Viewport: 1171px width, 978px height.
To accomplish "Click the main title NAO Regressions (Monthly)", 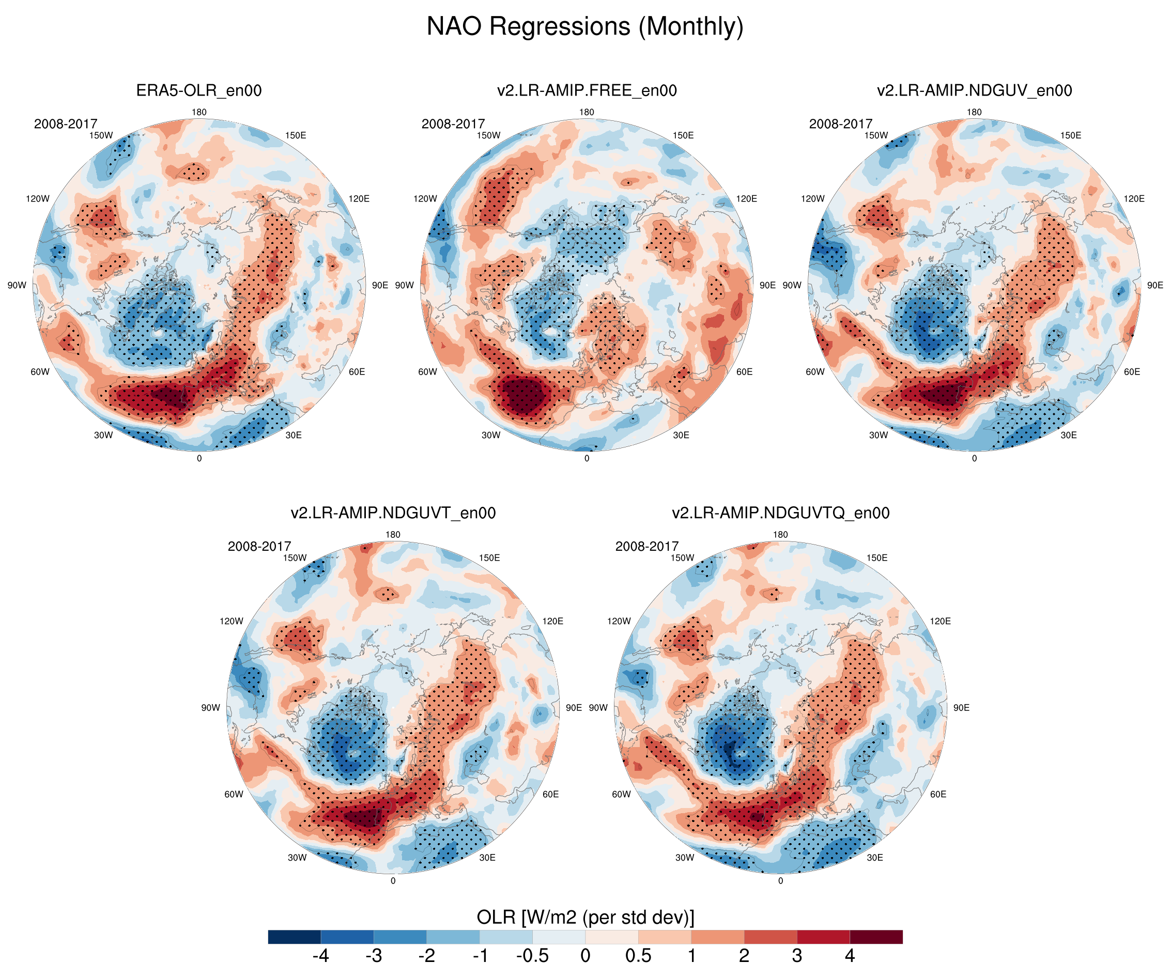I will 585,26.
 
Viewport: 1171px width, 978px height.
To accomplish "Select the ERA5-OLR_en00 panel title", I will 199,90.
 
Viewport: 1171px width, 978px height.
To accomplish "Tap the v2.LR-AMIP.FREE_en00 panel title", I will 587,90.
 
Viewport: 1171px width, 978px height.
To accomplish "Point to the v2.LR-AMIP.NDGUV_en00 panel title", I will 974,90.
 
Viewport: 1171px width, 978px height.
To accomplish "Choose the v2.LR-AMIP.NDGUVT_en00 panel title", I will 393,513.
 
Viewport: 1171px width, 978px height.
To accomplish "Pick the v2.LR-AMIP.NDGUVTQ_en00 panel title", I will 780,513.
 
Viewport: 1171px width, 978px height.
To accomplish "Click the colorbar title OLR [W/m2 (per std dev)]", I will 585,917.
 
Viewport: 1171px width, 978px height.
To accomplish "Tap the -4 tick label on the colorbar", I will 320,956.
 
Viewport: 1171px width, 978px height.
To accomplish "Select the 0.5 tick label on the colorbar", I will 638,956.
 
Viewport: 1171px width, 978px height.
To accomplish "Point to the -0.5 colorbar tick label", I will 532,956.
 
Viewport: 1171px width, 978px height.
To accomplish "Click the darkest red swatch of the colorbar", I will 875,937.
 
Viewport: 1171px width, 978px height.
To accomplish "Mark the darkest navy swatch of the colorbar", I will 295,937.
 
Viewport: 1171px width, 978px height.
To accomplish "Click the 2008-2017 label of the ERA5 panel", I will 66,124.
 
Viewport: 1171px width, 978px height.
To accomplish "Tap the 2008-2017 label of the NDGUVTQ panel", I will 647,546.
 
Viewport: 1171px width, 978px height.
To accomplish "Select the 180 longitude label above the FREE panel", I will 587,112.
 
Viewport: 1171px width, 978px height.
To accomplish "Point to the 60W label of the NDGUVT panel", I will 234,794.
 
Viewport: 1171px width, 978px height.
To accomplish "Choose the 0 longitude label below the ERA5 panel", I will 199,458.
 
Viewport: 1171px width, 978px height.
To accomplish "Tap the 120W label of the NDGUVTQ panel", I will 619,621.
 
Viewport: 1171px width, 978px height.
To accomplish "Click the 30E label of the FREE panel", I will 681,435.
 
